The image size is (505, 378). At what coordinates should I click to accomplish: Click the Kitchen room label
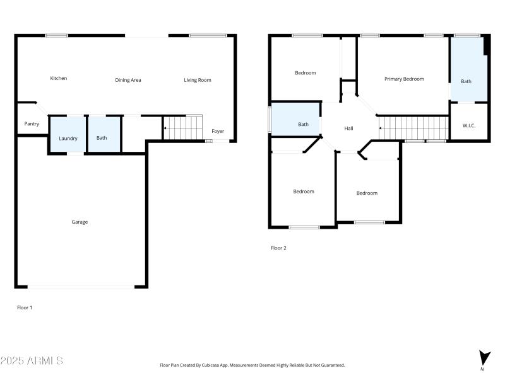(59, 79)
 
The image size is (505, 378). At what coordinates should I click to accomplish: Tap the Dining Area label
(128, 80)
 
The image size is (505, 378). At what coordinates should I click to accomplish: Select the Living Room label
(198, 80)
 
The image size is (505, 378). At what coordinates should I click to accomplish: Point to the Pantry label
(32, 124)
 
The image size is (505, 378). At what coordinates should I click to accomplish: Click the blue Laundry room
(68, 135)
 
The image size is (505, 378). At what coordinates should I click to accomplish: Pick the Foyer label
(218, 132)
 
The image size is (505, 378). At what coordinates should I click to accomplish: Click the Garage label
(80, 222)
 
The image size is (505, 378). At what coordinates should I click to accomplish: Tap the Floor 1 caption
(24, 307)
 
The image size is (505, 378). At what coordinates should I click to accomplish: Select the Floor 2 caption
(278, 248)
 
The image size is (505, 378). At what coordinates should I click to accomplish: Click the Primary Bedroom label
(404, 79)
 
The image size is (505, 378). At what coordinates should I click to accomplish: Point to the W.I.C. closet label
(469, 125)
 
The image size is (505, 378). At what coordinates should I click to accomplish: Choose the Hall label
(349, 129)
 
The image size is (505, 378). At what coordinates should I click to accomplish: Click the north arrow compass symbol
(484, 358)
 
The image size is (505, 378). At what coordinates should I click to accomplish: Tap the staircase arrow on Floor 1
(165, 129)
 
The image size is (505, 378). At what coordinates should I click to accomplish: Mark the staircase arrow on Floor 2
(381, 129)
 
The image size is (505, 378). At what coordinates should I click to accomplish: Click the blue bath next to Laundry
(102, 135)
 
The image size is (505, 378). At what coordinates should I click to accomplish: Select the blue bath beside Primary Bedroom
(466, 72)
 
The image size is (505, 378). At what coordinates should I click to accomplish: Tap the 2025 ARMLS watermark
(32, 361)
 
